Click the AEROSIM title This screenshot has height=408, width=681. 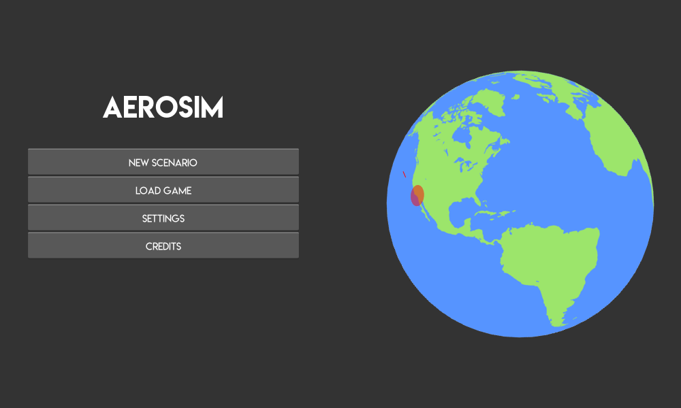tap(163, 107)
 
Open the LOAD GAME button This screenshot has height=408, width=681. tap(163, 190)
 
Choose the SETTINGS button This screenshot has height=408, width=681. tap(163, 218)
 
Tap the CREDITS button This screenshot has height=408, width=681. tap(163, 246)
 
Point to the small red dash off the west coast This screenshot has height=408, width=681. tap(404, 174)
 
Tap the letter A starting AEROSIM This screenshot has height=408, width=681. tap(112, 107)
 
